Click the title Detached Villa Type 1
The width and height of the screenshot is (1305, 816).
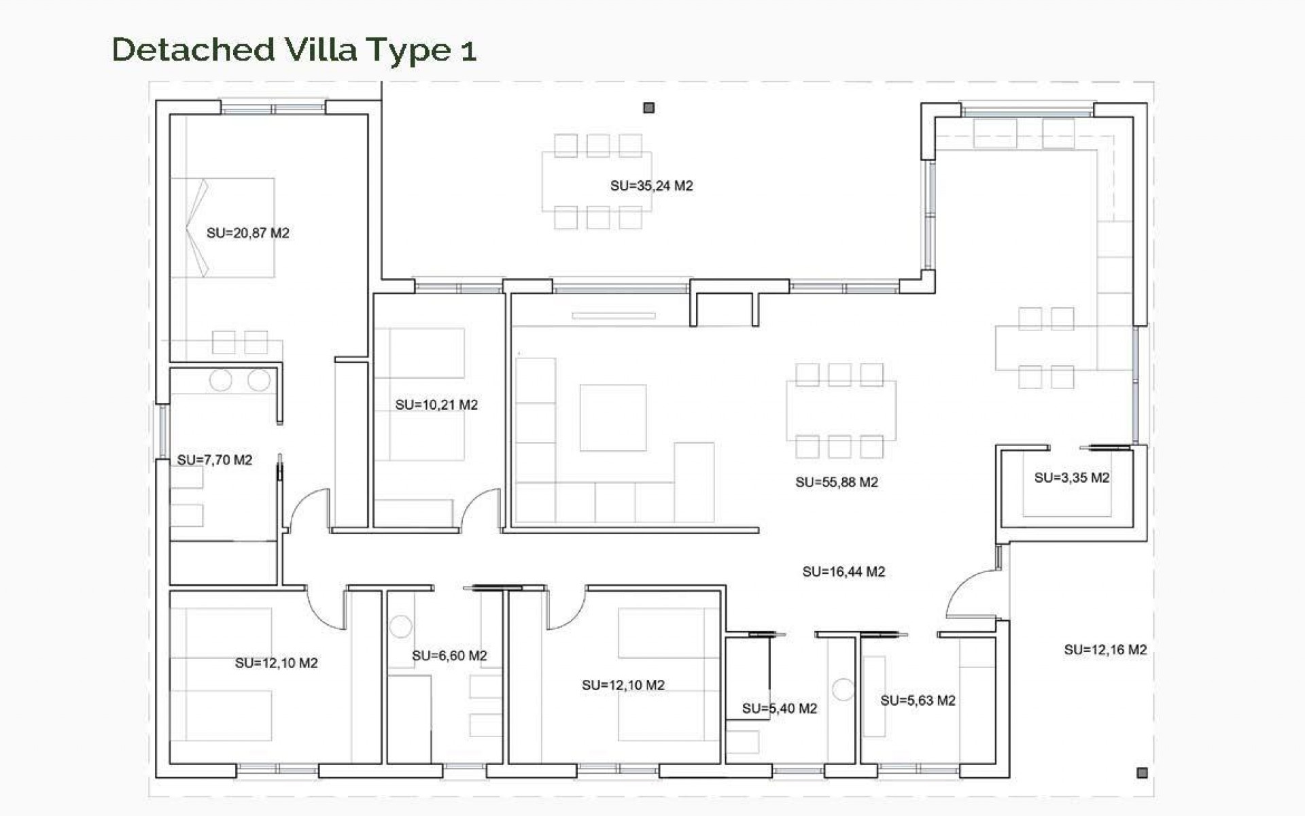click(294, 50)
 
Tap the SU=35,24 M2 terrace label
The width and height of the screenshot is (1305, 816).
click(651, 186)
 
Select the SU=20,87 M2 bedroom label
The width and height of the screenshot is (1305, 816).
click(247, 233)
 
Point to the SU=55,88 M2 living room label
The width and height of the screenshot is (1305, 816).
click(836, 482)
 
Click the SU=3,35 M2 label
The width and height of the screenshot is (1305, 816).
click(1071, 478)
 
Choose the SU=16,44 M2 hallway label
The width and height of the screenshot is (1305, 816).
click(843, 572)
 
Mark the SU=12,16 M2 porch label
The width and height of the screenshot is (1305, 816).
click(1104, 650)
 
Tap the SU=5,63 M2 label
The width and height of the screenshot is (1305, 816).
click(918, 700)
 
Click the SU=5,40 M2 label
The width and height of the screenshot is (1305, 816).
click(779, 709)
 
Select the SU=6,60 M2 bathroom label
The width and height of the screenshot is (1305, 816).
click(449, 656)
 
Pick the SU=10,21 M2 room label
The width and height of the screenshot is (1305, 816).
click(436, 405)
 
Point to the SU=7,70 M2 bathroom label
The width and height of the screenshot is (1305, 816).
click(214, 460)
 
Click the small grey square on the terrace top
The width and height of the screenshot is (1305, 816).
click(648, 107)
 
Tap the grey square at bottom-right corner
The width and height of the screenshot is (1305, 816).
click(1142, 772)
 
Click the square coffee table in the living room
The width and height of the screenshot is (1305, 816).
click(612, 418)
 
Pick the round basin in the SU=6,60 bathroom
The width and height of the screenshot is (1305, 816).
click(400, 626)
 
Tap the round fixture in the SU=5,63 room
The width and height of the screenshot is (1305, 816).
click(843, 690)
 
